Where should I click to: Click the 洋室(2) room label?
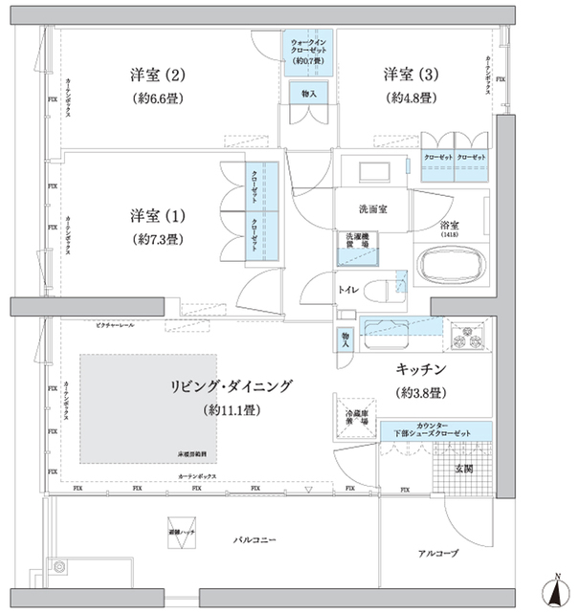[x=159, y=74]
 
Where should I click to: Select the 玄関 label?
[x=463, y=469]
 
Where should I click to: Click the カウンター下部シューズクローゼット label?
[x=434, y=431]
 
